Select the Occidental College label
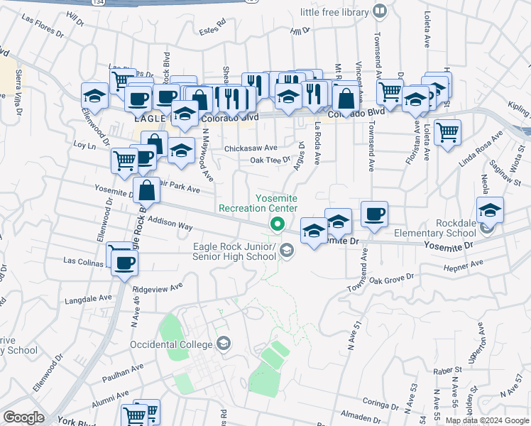point(171,344)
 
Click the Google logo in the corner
point(24,417)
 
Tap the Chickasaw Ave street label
point(251,148)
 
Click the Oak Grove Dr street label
point(390,280)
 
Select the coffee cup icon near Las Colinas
point(126,263)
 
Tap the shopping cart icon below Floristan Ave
point(447,131)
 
